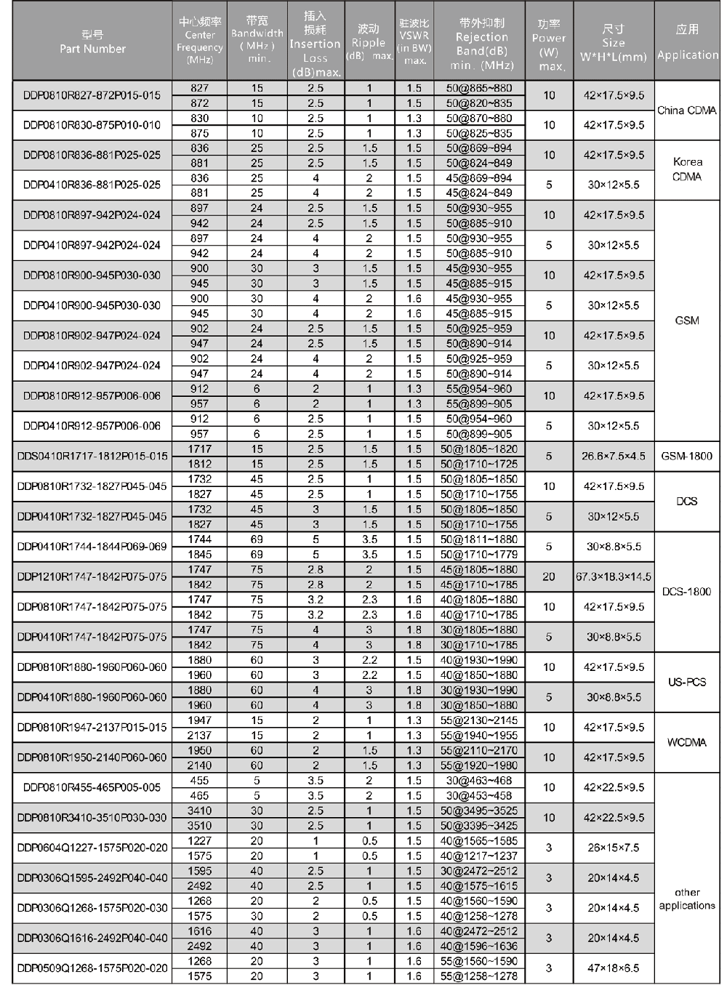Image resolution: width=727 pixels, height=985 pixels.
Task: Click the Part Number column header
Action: tap(92, 42)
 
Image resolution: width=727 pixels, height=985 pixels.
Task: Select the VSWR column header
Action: tap(414, 41)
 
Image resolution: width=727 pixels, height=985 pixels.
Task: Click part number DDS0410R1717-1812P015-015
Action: tap(92, 457)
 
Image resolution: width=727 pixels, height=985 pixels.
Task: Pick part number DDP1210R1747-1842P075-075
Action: tap(92, 577)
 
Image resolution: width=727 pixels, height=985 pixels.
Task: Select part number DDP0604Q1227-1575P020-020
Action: tap(92, 848)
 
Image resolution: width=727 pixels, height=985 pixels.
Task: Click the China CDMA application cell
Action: tap(686, 110)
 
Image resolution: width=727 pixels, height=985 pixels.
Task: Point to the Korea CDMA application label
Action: tap(687, 169)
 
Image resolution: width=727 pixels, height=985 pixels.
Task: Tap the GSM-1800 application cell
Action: tap(686, 457)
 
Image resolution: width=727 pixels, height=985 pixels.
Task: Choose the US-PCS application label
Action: tap(686, 682)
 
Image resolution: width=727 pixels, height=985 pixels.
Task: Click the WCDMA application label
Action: tap(686, 742)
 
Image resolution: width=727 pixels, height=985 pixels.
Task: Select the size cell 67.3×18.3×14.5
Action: tap(614, 577)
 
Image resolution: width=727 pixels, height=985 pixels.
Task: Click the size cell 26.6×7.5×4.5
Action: tap(614, 457)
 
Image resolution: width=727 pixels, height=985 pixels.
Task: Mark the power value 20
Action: tap(549, 577)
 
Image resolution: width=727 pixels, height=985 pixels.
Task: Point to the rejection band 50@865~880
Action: tap(479, 88)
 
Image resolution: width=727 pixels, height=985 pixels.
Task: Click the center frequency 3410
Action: tap(199, 811)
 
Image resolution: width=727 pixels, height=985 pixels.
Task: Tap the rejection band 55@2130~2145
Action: tap(479, 720)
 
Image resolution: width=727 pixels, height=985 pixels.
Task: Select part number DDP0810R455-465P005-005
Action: tap(92, 787)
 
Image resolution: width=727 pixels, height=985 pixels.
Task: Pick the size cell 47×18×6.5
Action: tap(614, 968)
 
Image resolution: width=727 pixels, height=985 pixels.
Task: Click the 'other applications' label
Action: tap(686, 899)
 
